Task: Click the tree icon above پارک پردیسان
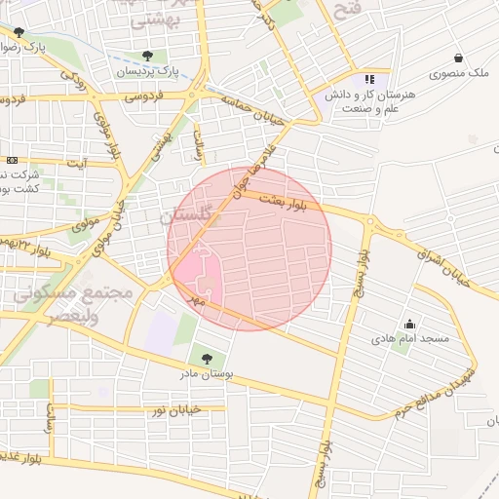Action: click(147, 56)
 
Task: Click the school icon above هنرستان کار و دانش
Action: click(368, 79)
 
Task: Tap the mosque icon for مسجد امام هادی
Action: click(408, 325)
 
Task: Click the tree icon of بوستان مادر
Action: click(205, 359)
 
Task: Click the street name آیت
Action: click(75, 163)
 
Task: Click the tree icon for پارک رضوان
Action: click(19, 32)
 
